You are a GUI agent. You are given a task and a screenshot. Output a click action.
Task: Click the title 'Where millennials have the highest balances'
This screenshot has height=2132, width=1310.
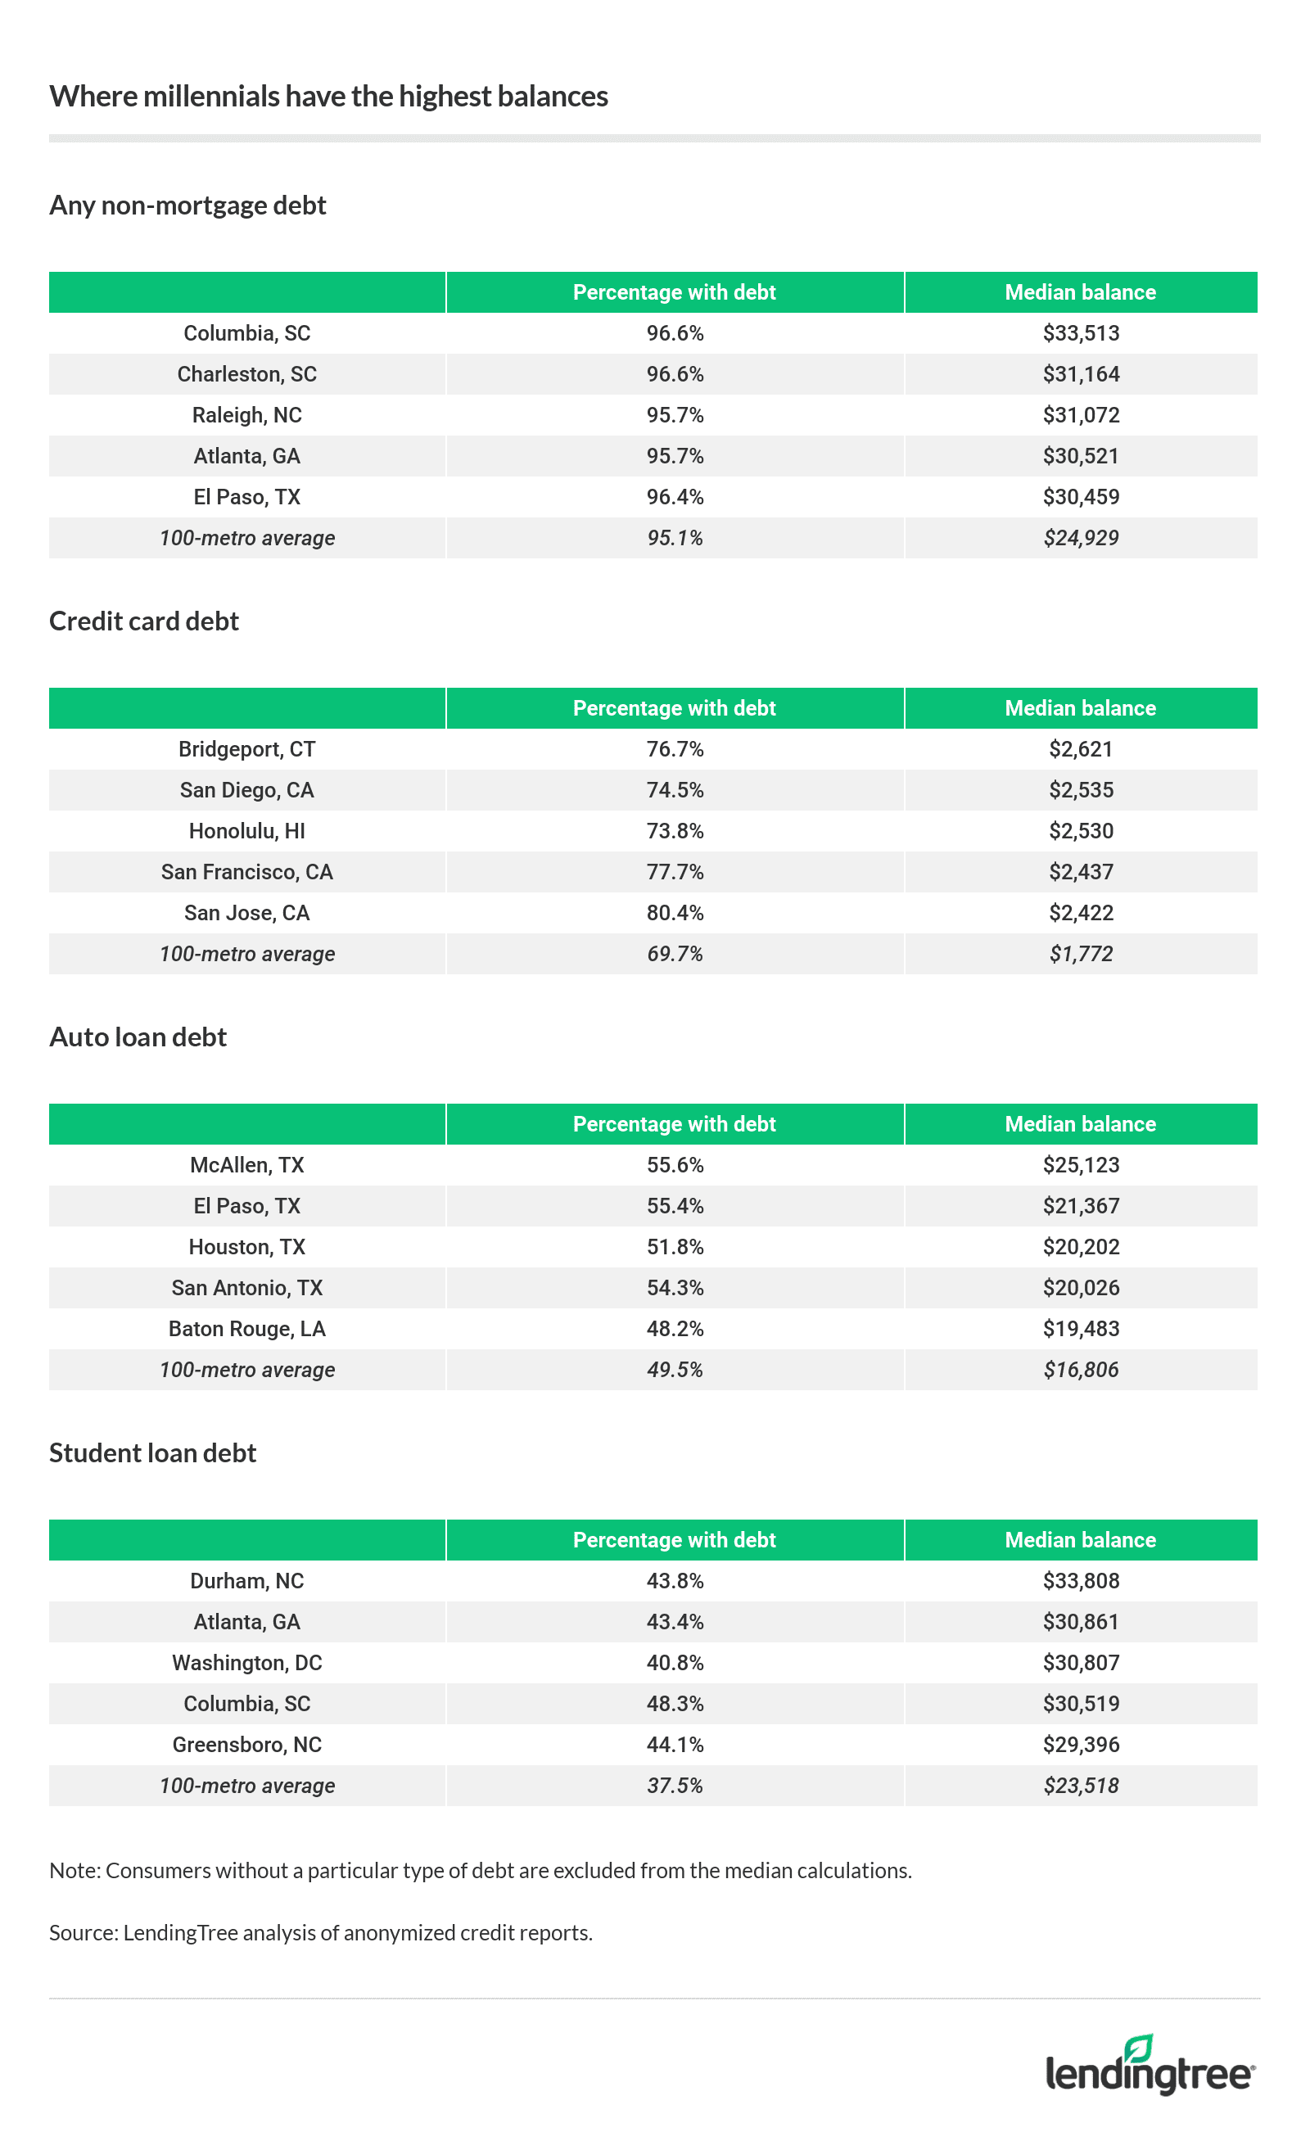click(328, 96)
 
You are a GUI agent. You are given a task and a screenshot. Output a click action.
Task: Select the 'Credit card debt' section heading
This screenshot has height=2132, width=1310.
click(144, 621)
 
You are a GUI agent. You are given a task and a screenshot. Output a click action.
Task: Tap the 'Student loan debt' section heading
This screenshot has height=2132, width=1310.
click(152, 1452)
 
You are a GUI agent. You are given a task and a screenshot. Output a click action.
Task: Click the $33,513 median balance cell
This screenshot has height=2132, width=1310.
click(1081, 333)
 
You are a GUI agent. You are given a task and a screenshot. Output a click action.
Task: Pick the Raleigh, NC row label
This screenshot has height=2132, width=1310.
click(247, 415)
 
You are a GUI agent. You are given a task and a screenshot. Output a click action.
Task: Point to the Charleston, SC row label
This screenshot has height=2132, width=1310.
click(247, 374)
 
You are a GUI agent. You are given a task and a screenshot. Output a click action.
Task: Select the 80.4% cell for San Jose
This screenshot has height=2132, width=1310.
click(674, 913)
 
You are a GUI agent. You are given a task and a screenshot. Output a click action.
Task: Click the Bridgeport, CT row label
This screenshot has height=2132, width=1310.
click(247, 749)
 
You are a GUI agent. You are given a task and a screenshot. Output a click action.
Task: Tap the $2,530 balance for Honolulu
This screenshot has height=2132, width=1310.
click(1081, 831)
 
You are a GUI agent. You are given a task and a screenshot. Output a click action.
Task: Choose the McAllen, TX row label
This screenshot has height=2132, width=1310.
click(247, 1165)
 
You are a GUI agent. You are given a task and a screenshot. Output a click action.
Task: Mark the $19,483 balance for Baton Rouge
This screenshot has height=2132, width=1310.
click(1081, 1329)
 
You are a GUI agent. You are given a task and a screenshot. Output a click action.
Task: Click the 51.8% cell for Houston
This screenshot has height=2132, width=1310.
click(674, 1247)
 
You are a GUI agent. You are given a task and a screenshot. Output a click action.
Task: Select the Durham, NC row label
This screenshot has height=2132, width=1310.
click(247, 1581)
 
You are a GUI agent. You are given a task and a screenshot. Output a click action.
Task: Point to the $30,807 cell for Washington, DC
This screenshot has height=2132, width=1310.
click(1081, 1663)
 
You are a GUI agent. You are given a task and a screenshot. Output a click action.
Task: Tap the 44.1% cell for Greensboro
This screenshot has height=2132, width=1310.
click(674, 1745)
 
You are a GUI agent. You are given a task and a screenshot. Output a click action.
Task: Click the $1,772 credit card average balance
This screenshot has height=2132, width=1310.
click(1081, 954)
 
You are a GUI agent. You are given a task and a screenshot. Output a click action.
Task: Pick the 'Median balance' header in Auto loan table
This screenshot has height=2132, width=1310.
click(1080, 1124)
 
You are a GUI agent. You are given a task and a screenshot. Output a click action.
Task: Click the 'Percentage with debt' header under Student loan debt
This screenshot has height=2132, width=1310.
click(674, 1540)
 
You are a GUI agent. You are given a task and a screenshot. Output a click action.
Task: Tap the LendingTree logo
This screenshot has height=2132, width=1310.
click(1150, 2067)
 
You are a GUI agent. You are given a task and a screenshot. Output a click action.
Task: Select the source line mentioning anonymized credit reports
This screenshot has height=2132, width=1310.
click(321, 1933)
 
